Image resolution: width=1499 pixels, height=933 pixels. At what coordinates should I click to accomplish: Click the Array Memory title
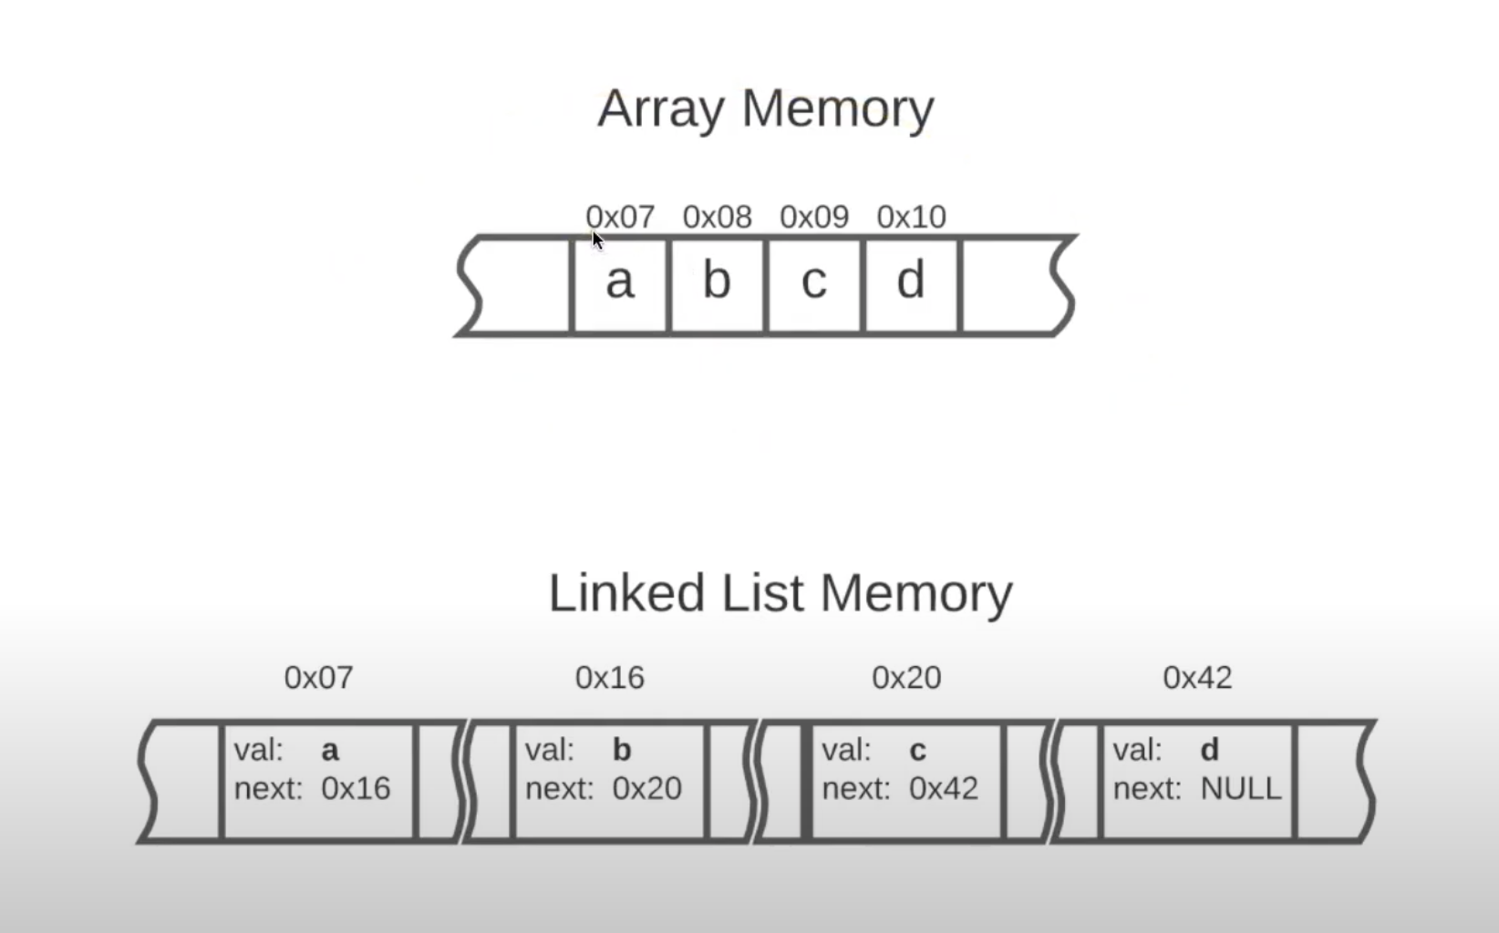pos(765,108)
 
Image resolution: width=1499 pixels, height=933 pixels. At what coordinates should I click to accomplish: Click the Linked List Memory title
pos(780,593)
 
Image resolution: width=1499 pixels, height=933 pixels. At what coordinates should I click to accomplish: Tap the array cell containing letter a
pos(619,282)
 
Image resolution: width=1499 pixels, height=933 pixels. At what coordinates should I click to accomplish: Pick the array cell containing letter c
pos(813,282)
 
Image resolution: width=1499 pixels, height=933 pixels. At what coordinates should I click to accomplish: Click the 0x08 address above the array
pos(717,217)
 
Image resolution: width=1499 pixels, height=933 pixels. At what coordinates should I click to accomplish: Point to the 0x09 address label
pos(813,217)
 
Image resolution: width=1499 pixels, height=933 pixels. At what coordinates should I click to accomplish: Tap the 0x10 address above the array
pos(911,217)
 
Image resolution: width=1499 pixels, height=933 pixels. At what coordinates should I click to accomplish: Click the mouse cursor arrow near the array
pos(596,240)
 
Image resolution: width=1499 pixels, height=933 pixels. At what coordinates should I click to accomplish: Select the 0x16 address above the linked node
pos(609,678)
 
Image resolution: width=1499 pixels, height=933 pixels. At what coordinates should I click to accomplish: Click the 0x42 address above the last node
pos(1197,678)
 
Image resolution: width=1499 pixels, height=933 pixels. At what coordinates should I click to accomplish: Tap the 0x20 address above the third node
pos(906,678)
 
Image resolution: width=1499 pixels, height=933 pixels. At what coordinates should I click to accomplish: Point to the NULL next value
pos(1240,788)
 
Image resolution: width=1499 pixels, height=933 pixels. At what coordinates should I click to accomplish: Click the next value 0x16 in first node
pos(356,788)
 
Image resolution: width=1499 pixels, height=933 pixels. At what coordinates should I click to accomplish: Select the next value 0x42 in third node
pos(944,788)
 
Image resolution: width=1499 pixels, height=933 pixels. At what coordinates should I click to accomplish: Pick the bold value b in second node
pos(621,750)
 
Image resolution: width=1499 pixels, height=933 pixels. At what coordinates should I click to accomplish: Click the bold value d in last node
pos(1209,750)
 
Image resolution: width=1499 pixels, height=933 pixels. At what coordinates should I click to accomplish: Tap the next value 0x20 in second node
pos(646,788)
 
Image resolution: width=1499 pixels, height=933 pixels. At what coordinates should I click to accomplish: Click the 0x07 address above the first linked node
pos(318,678)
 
